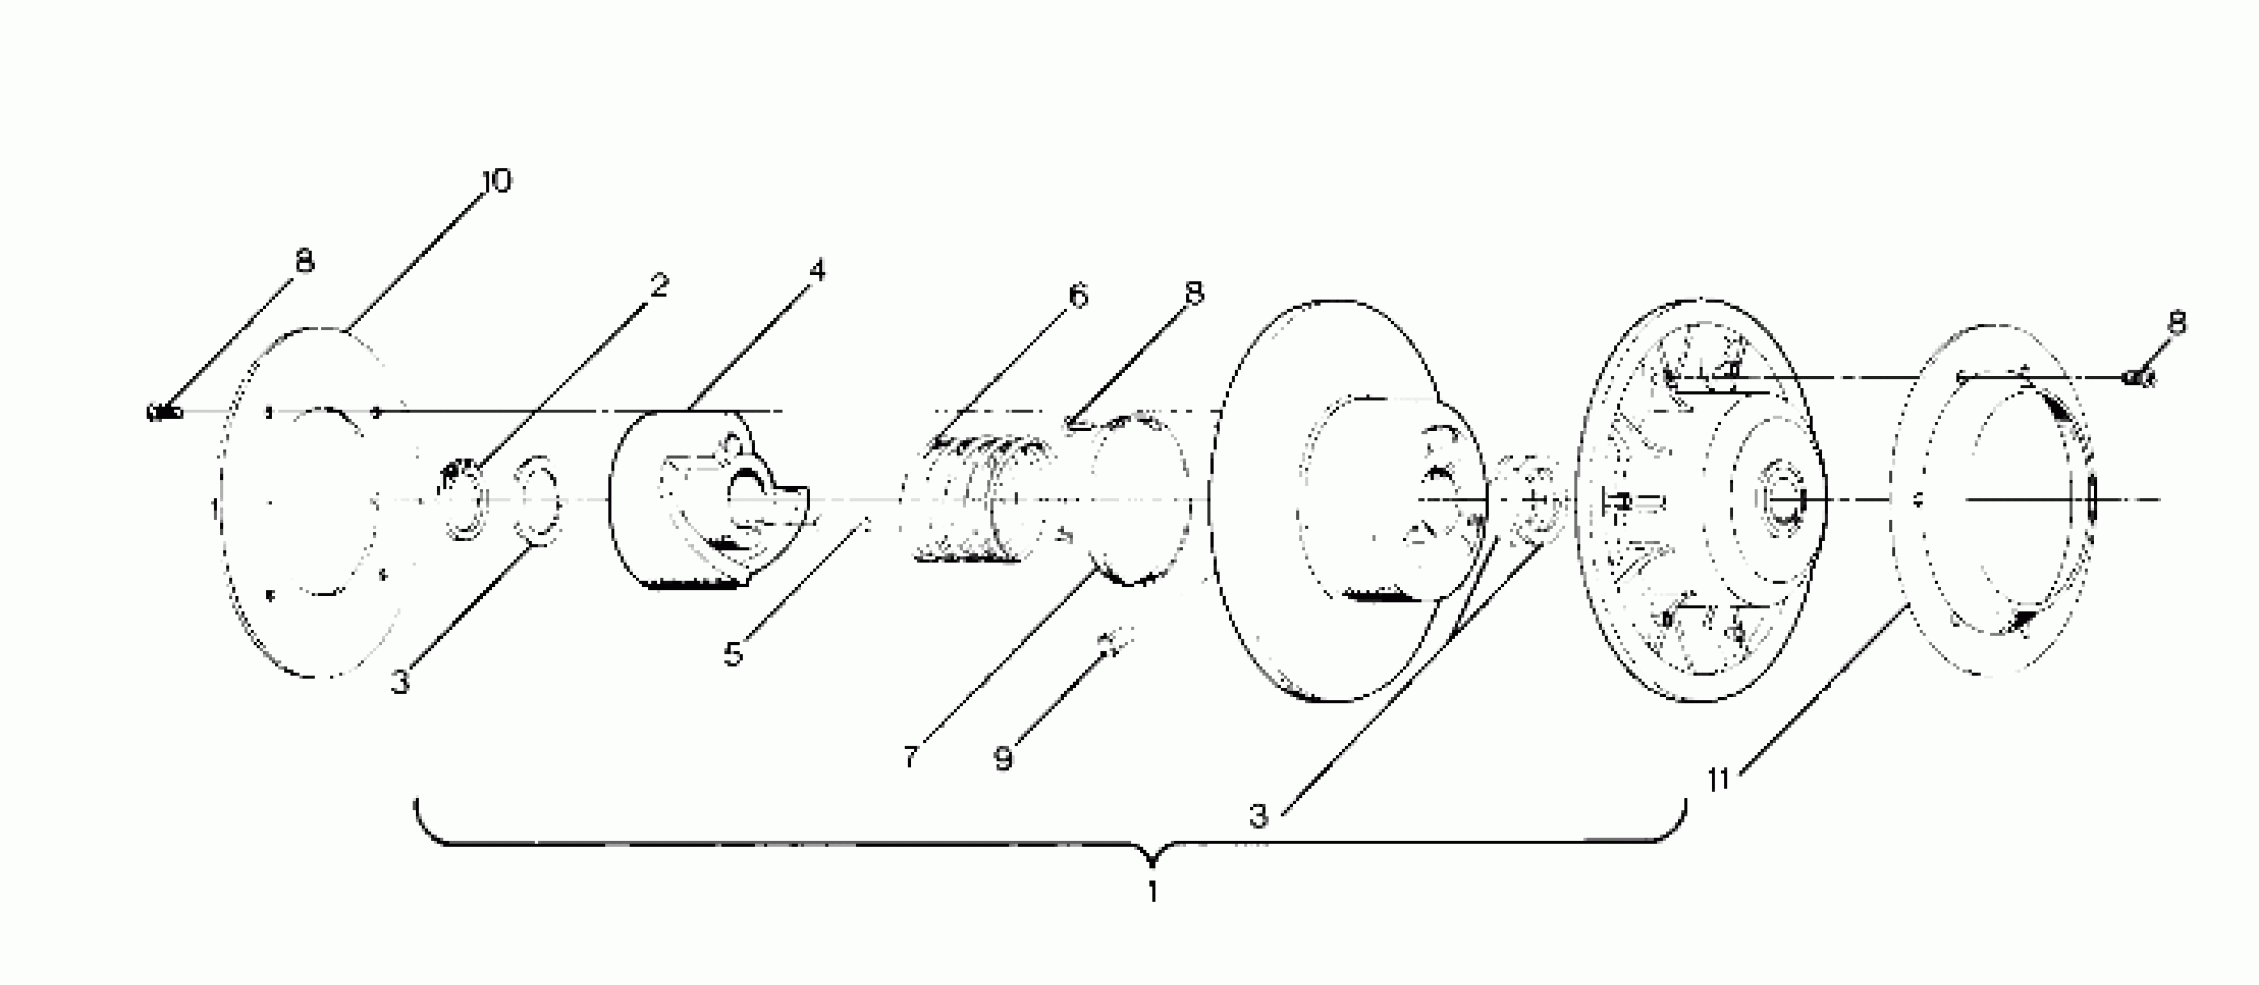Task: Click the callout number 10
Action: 496,181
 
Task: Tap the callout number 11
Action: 1719,779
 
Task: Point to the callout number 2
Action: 658,284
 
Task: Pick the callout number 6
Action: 1078,295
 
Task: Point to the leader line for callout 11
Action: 1815,693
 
